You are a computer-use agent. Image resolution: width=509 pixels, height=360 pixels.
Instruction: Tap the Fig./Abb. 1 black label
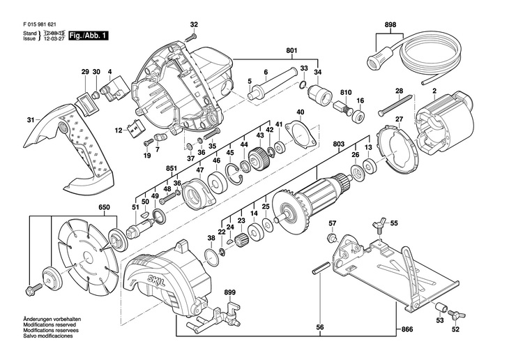click(88, 35)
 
